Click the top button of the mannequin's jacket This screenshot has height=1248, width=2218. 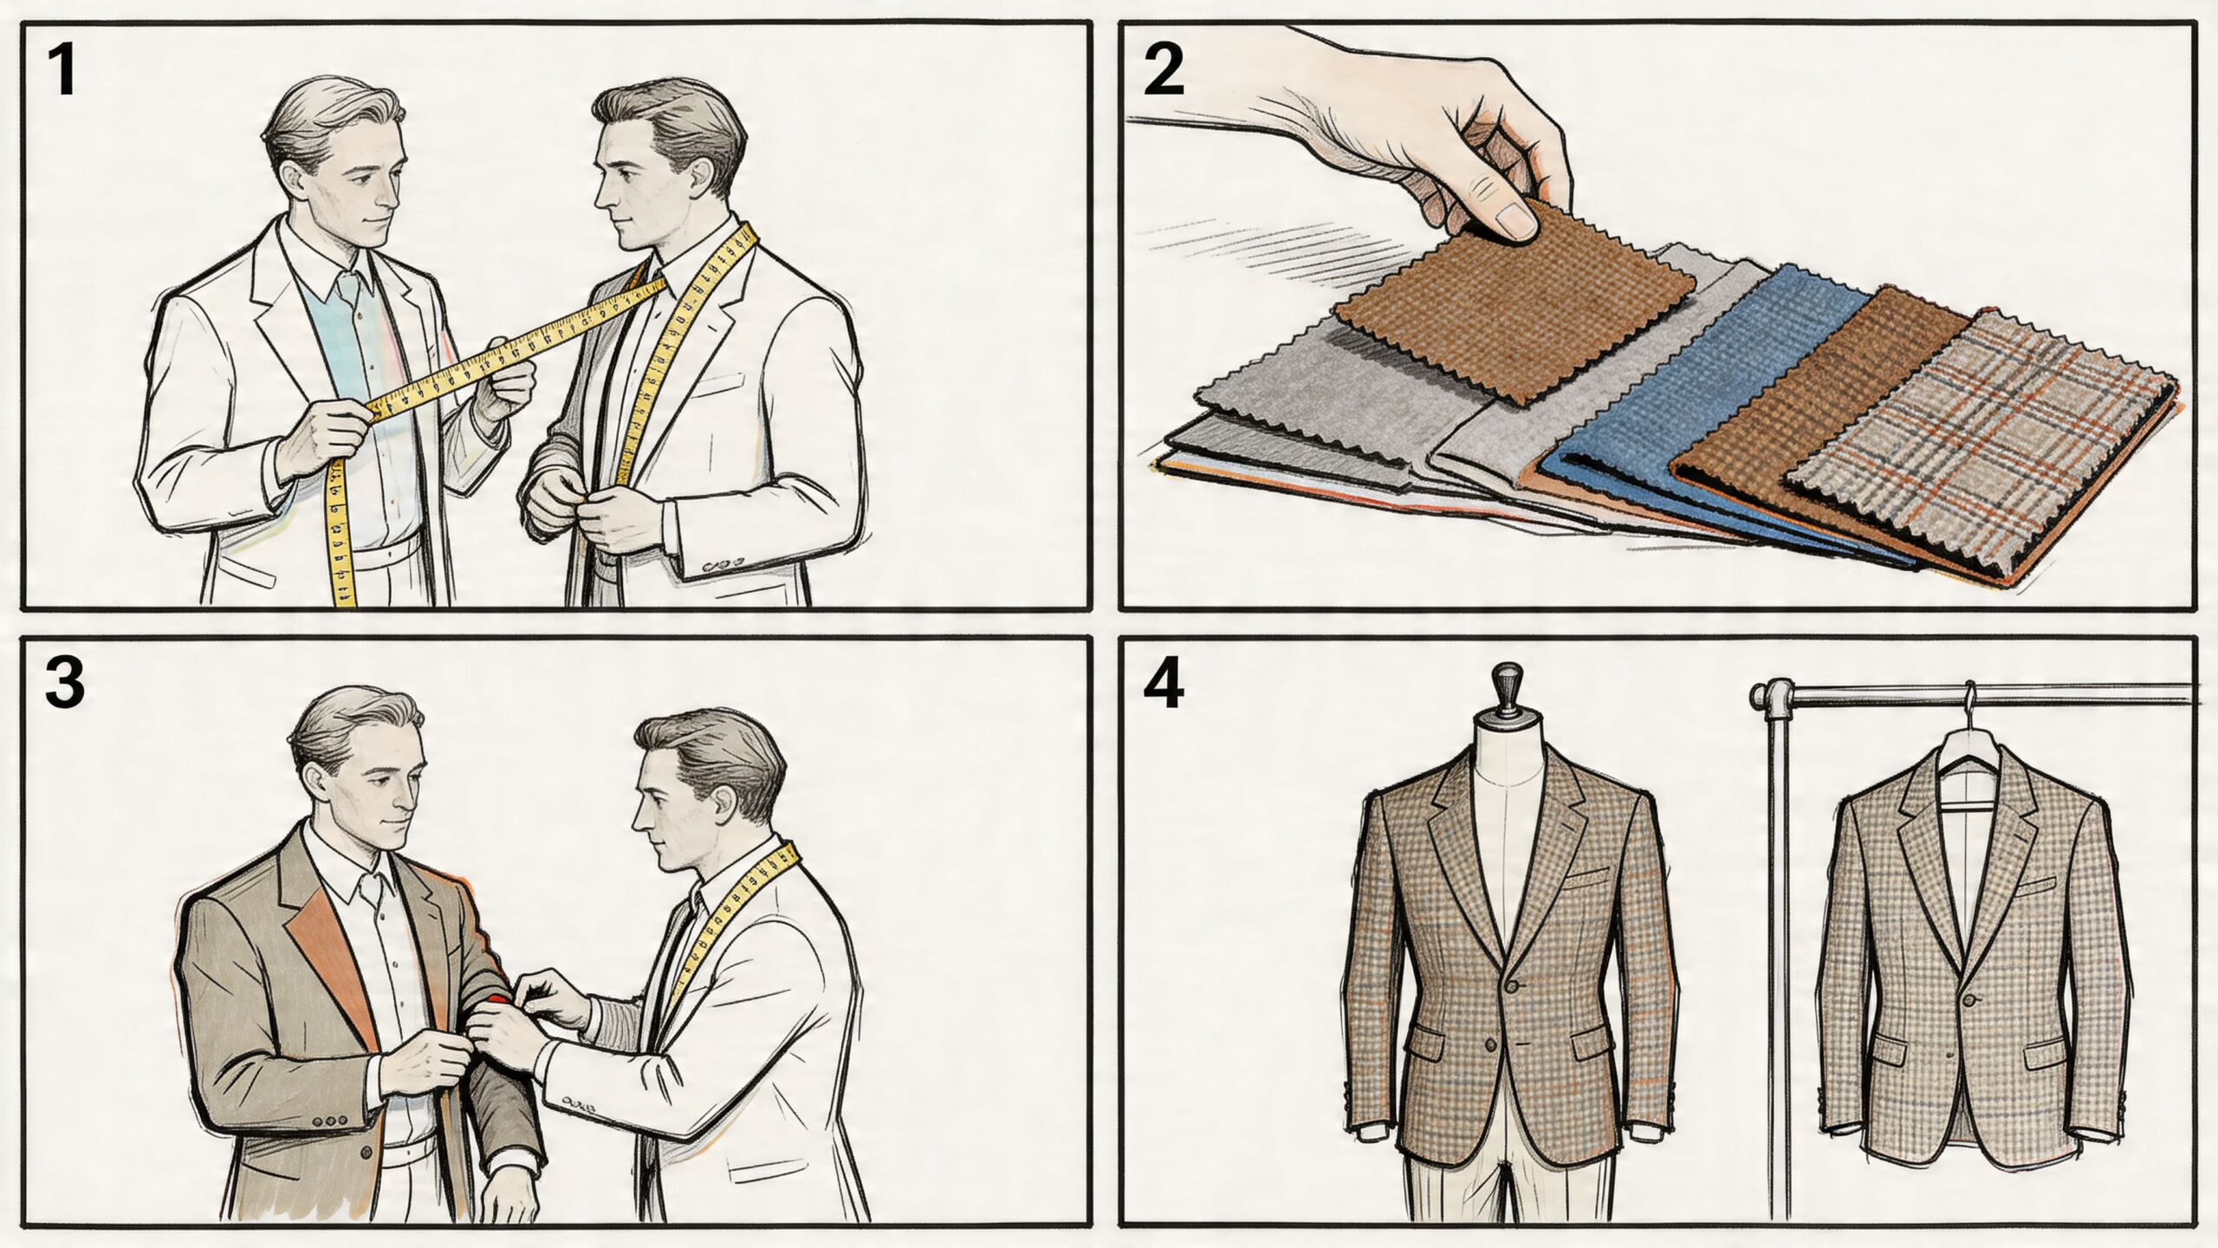click(x=1512, y=986)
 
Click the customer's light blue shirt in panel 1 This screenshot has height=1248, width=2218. click(x=347, y=347)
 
